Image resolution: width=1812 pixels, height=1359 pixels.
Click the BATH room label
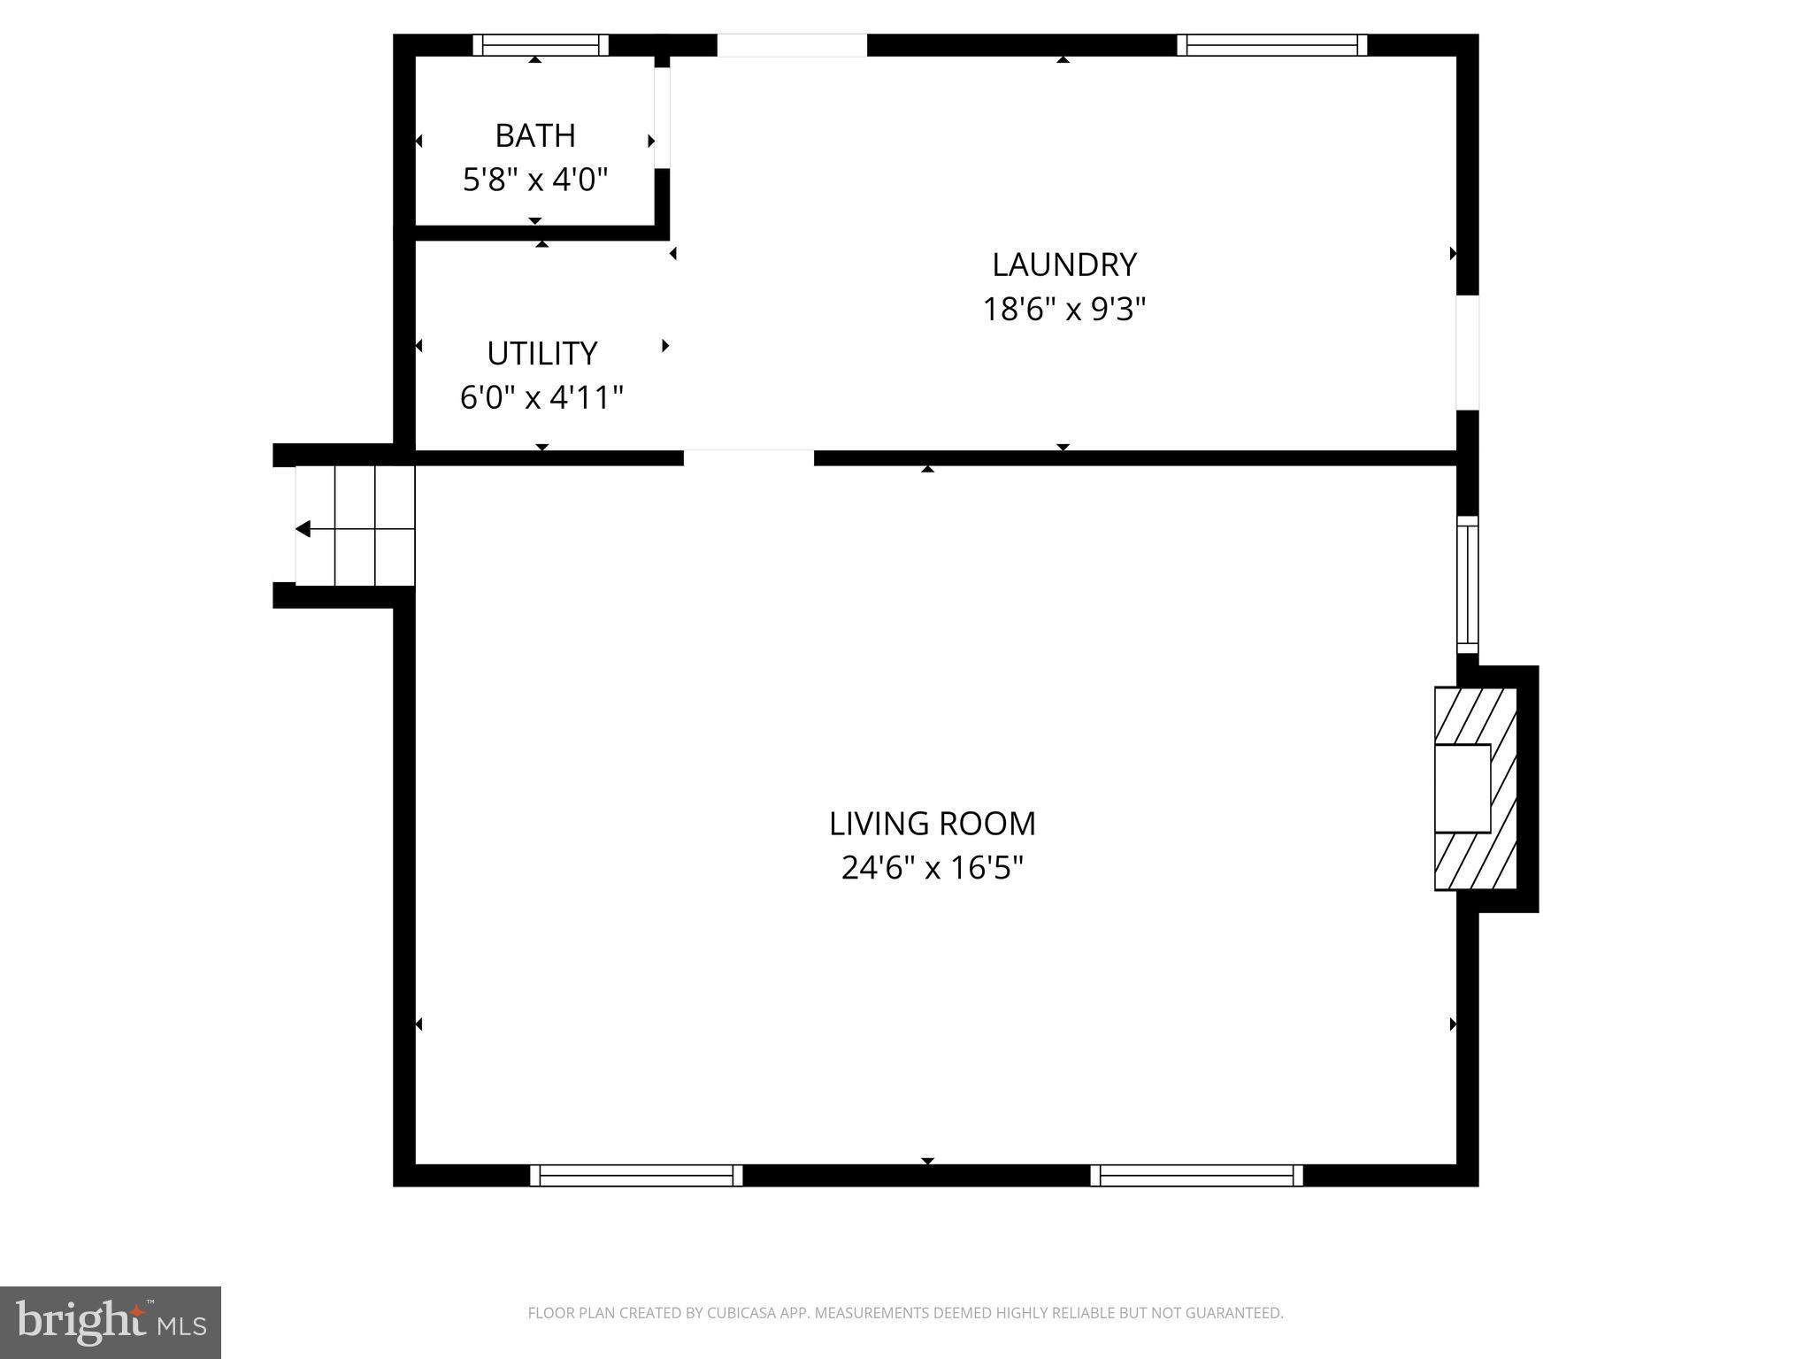point(535,136)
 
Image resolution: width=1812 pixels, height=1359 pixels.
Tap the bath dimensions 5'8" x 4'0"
point(535,180)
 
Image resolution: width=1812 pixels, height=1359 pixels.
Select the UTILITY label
point(541,354)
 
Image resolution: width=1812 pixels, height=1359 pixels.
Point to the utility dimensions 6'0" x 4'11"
point(541,398)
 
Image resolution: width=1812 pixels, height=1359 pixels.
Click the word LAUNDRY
point(1063,265)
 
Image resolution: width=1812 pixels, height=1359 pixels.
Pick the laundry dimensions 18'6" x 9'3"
point(1063,310)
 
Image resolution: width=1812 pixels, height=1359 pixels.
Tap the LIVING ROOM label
point(932,825)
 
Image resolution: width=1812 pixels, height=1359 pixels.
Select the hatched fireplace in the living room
point(1475,788)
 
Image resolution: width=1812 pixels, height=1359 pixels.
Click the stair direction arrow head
point(303,529)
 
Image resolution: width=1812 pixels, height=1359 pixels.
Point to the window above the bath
point(541,45)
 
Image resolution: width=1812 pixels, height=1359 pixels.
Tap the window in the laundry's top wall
point(1271,45)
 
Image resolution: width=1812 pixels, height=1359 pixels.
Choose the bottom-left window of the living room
point(636,1175)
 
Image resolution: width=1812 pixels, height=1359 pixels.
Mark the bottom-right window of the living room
point(1196,1175)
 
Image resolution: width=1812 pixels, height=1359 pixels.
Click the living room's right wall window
point(1467,585)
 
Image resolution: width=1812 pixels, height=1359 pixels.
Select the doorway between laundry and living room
point(749,457)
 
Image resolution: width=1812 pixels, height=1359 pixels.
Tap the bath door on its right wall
point(662,117)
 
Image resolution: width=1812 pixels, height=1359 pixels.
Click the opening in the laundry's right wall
point(1467,352)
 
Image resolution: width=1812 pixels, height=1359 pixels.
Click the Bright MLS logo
point(110,1323)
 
